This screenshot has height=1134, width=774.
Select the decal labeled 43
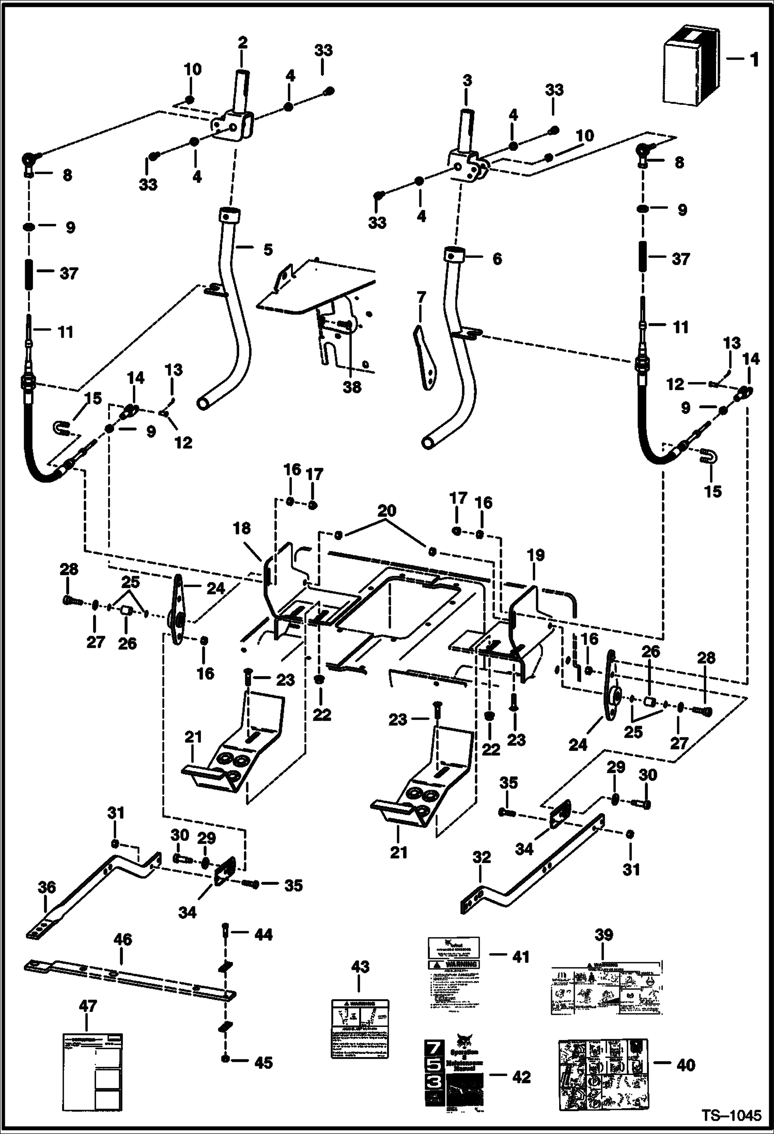(360, 1029)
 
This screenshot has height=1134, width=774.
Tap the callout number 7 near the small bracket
(422, 297)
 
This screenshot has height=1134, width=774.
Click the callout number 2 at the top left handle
(242, 42)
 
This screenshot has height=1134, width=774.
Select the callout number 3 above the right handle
(467, 81)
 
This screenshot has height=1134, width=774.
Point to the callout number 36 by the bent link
(47, 887)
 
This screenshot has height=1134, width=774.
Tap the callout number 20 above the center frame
(386, 511)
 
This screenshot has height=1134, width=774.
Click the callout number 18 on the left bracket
(242, 528)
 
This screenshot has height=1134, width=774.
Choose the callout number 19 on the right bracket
(536, 555)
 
